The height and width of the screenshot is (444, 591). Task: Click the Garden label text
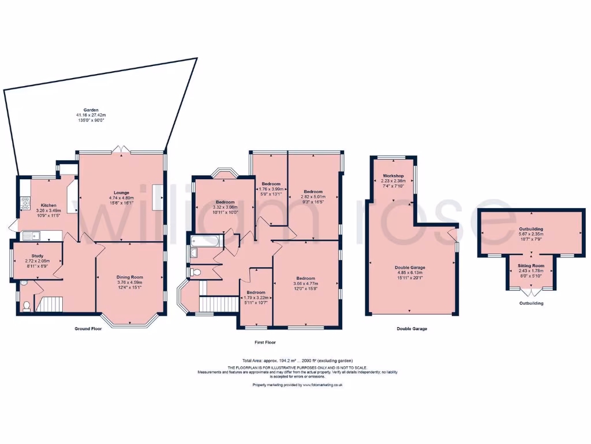coord(91,110)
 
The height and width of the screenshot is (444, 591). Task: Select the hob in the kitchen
coord(25,202)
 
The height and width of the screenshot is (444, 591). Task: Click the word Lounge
coord(121,193)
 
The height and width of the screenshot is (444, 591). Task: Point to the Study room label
coord(36,255)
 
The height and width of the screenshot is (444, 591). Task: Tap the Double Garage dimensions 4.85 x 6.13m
coord(410,272)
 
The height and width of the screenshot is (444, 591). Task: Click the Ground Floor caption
coord(88,328)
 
